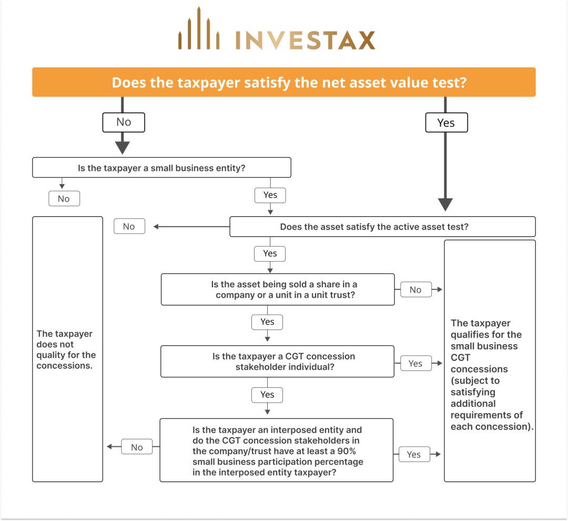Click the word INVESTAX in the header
[305, 41]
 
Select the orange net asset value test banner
[284, 82]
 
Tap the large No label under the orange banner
[123, 122]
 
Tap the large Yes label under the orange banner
[445, 123]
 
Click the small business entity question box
[161, 168]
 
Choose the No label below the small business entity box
[64, 198]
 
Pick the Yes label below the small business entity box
[270, 195]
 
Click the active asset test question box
[382, 227]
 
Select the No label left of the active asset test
[129, 226]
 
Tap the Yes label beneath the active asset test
[270, 253]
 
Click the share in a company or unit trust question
[277, 289]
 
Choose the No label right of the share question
[415, 289]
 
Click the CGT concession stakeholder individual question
[277, 362]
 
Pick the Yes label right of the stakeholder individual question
[415, 363]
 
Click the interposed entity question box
[276, 450]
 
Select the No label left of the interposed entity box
[137, 447]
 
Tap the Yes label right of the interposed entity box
[414, 454]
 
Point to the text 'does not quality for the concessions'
[66, 349]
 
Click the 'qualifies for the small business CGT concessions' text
[490, 375]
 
